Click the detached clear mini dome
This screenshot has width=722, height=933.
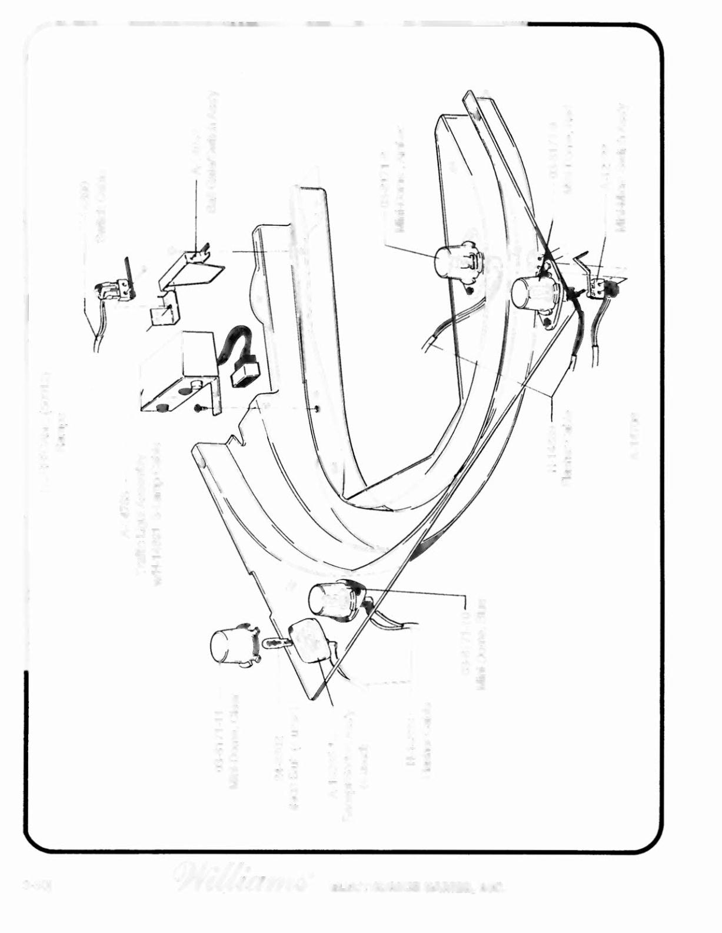point(231,645)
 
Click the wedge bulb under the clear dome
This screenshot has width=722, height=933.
point(274,642)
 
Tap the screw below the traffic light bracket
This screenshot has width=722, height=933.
point(199,408)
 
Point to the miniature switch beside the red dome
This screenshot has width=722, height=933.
point(600,286)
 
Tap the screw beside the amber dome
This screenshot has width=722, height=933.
point(469,289)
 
